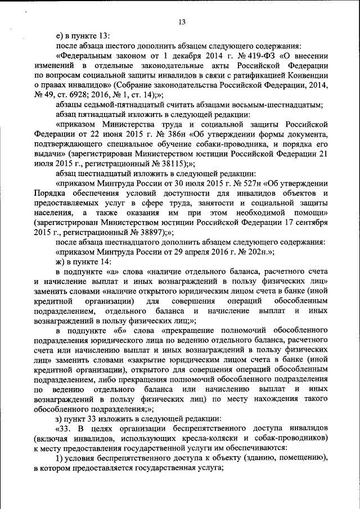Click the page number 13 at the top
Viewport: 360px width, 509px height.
click(182, 22)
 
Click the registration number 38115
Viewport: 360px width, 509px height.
click(165, 163)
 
